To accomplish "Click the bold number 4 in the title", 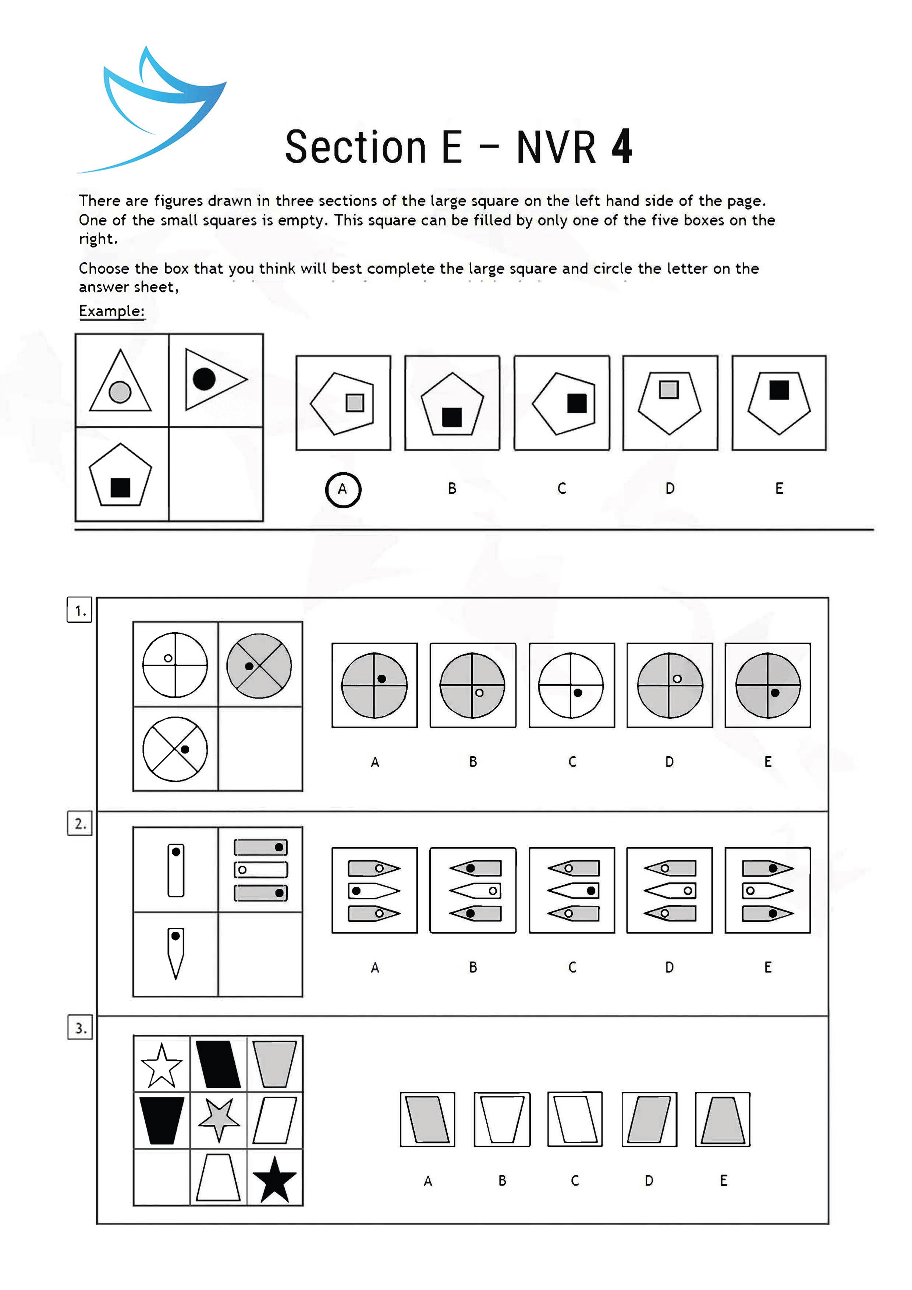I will tap(621, 147).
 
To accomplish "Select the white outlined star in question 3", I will tap(162, 1066).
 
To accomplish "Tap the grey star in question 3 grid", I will tap(219, 1119).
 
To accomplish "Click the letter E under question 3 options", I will tap(723, 1180).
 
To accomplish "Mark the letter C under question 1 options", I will tap(572, 762).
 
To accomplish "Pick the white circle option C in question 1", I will tap(571, 685).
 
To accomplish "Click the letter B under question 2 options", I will tap(473, 967).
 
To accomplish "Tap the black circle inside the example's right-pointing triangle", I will tap(204, 379).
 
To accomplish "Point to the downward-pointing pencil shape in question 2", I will tap(175, 953).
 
